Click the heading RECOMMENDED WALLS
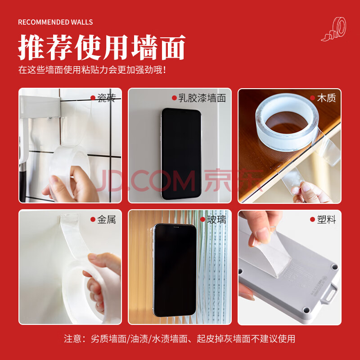(x=55, y=22)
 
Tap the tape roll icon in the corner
(x=333, y=29)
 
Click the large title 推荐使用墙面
(x=102, y=47)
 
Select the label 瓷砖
(x=106, y=98)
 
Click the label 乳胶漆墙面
(x=202, y=98)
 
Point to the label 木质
(x=326, y=98)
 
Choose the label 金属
(x=106, y=220)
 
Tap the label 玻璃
(x=216, y=220)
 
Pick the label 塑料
(x=326, y=220)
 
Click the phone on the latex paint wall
(x=181, y=153)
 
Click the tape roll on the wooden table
(x=287, y=122)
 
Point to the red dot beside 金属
(x=93, y=220)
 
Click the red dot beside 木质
(x=312, y=98)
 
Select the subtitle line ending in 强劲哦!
(x=92, y=70)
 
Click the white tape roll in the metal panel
(x=90, y=292)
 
